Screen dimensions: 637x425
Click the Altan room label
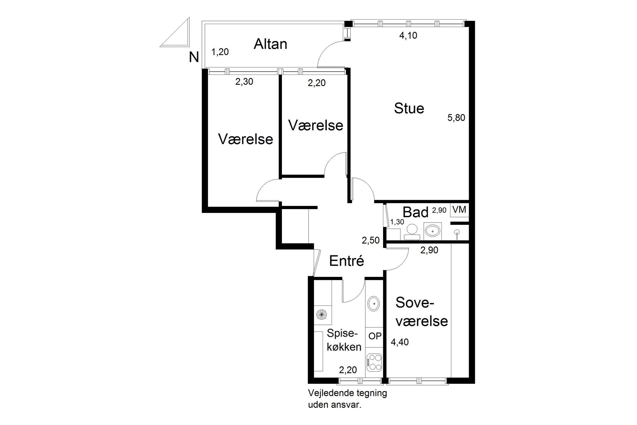270,44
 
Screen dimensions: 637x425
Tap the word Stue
409,108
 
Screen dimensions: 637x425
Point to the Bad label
415,212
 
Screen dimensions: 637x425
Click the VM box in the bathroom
459,210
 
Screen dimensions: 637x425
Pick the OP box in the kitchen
375,336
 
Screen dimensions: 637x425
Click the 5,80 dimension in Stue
456,118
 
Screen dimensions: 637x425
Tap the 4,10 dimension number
408,35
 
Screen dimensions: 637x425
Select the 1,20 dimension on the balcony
220,52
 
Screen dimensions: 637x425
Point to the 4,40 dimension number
400,342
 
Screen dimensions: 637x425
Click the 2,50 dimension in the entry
371,240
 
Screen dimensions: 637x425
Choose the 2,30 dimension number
244,82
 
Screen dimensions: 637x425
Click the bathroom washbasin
432,231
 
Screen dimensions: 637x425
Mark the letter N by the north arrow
194,58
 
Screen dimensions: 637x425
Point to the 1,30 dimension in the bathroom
397,222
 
